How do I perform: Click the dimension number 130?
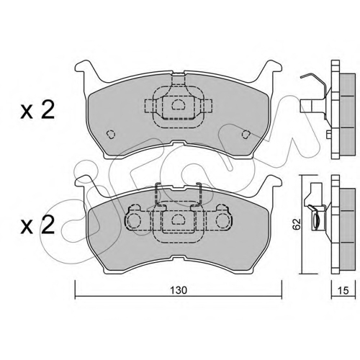pyautogui.click(x=178, y=290)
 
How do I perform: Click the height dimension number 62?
pyautogui.click(x=297, y=224)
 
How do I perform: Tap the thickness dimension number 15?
pyautogui.click(x=343, y=290)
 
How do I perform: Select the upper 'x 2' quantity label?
pyautogui.click(x=37, y=111)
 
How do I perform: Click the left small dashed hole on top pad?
pyautogui.click(x=111, y=135)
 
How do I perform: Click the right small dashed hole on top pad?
pyautogui.click(x=246, y=135)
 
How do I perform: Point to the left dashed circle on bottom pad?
pyautogui.click(x=133, y=220)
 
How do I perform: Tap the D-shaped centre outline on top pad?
pyautogui.click(x=178, y=104)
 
